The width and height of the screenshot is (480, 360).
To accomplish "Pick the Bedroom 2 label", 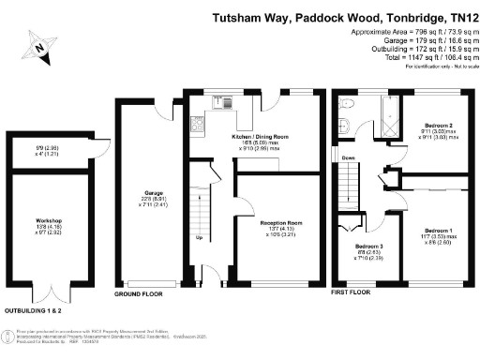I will (436, 126).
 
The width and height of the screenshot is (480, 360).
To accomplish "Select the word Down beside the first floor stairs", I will (350, 157).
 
